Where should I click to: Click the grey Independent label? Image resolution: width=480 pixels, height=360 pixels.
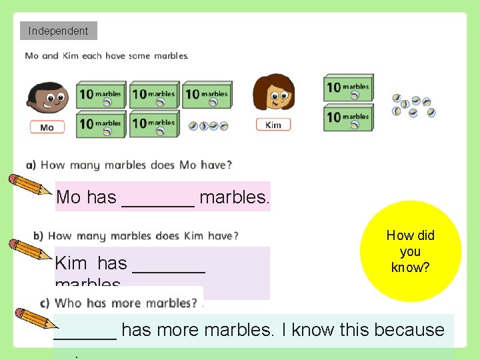coord(58,31)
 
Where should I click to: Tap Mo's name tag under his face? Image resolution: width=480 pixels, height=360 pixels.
coord(47,127)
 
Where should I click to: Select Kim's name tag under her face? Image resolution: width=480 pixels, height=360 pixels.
coord(273,125)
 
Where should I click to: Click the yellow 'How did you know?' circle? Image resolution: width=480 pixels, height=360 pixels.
coord(411,251)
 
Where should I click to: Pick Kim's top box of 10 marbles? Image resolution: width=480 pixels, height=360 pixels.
coord(347,88)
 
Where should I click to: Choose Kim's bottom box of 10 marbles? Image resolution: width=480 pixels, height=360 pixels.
coord(347,118)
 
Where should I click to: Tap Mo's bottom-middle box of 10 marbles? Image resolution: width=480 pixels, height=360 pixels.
coord(153,125)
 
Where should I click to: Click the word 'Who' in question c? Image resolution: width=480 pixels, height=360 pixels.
coord(68,303)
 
